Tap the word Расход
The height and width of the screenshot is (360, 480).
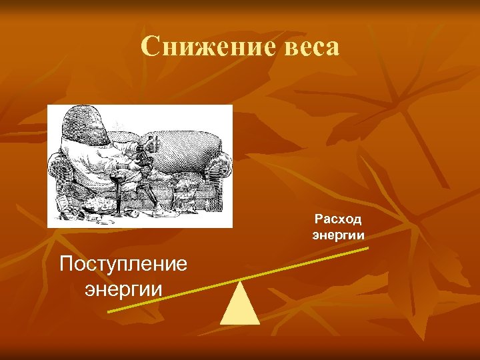click(338, 219)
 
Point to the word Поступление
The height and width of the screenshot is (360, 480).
click(123, 265)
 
